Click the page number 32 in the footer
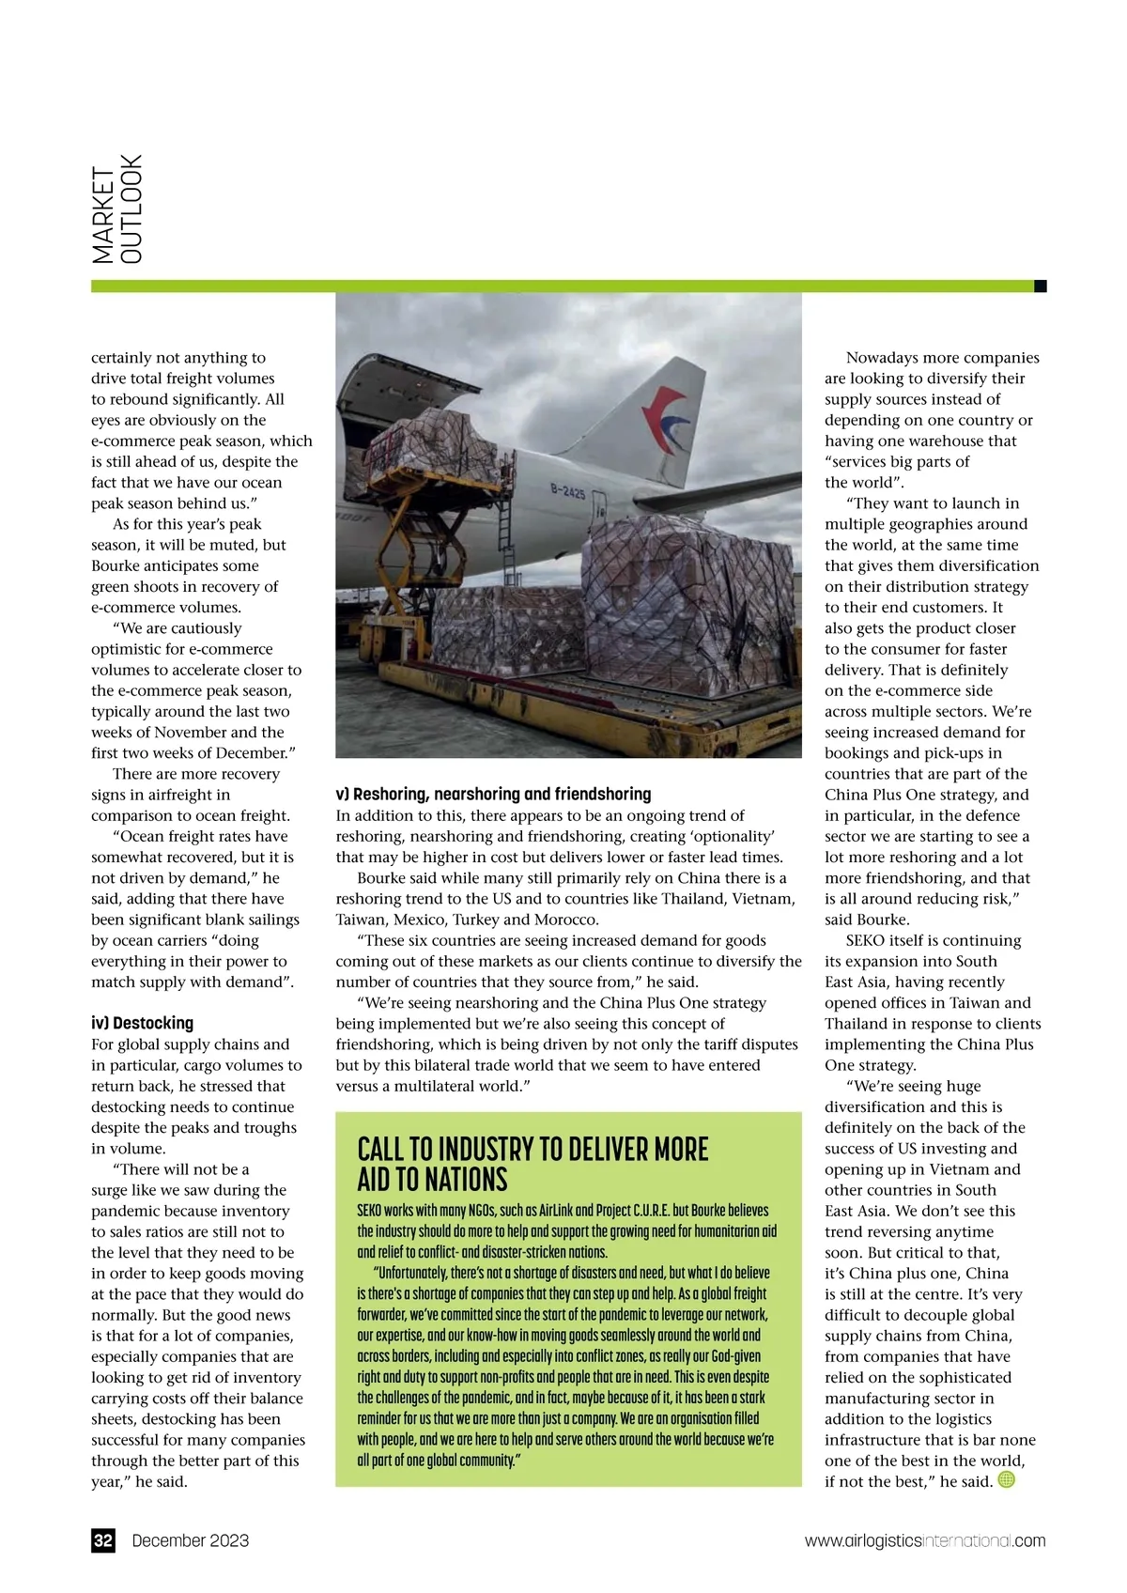point(103,1540)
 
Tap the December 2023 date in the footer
point(191,1540)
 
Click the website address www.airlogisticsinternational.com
point(925,1540)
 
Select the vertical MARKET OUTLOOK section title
point(117,209)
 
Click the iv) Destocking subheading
point(142,1023)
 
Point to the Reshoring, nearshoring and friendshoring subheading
point(493,794)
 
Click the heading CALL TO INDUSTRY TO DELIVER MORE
point(533,1149)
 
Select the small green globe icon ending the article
point(1006,1479)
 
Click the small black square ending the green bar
point(1041,286)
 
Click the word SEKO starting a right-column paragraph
point(869,940)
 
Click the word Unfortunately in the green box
point(426,1273)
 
